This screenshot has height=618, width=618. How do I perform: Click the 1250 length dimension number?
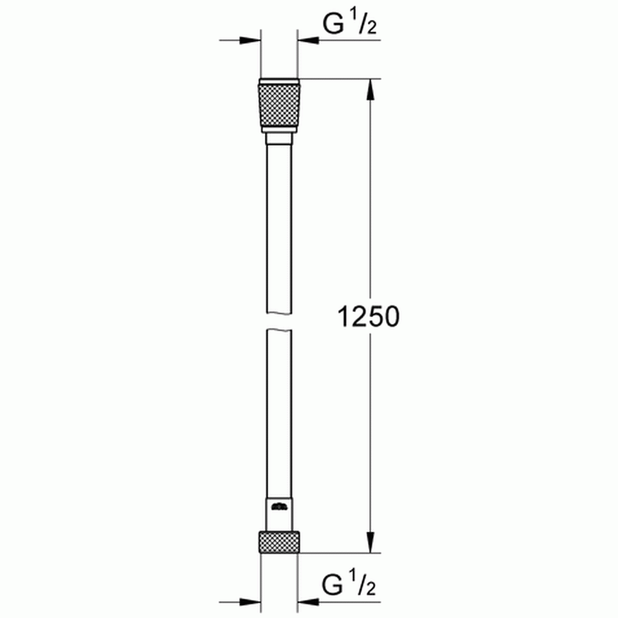click(368, 316)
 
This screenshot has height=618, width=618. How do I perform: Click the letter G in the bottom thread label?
click(335, 585)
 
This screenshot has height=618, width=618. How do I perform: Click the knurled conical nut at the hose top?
click(278, 106)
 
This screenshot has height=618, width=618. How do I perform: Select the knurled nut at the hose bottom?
click(278, 541)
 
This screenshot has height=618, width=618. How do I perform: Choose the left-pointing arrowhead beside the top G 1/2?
click(308, 41)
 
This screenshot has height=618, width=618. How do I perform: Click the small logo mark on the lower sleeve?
click(278, 506)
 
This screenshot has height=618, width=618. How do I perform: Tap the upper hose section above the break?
click(278, 229)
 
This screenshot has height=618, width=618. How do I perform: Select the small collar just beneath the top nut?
click(278, 138)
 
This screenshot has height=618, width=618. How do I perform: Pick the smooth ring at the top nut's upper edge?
click(278, 81)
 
